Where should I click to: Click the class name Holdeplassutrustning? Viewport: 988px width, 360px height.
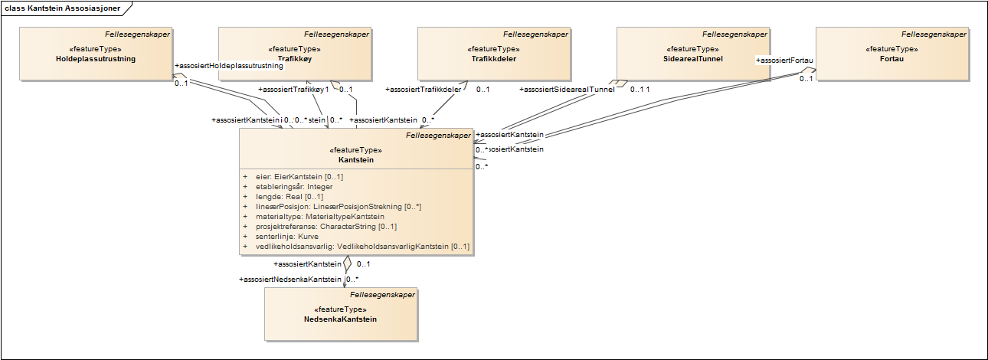tap(96, 58)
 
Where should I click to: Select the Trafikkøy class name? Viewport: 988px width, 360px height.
tap(295, 58)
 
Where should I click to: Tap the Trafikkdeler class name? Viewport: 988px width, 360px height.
tap(494, 58)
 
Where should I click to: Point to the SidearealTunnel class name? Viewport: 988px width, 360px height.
tap(693, 58)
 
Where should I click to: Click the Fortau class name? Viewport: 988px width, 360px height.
tap(892, 58)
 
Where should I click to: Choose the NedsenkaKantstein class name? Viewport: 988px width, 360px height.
tap(341, 319)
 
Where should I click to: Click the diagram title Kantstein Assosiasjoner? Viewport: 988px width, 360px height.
tap(64, 7)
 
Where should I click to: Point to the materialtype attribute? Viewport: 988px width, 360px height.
tap(320, 217)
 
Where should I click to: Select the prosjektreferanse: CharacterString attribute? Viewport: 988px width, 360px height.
tap(326, 227)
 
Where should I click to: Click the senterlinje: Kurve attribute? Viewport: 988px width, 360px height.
tap(287, 237)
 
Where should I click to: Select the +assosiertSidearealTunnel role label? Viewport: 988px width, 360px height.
tap(567, 90)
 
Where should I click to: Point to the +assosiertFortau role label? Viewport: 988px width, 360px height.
tap(784, 60)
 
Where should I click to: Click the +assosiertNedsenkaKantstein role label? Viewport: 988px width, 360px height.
tap(290, 280)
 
